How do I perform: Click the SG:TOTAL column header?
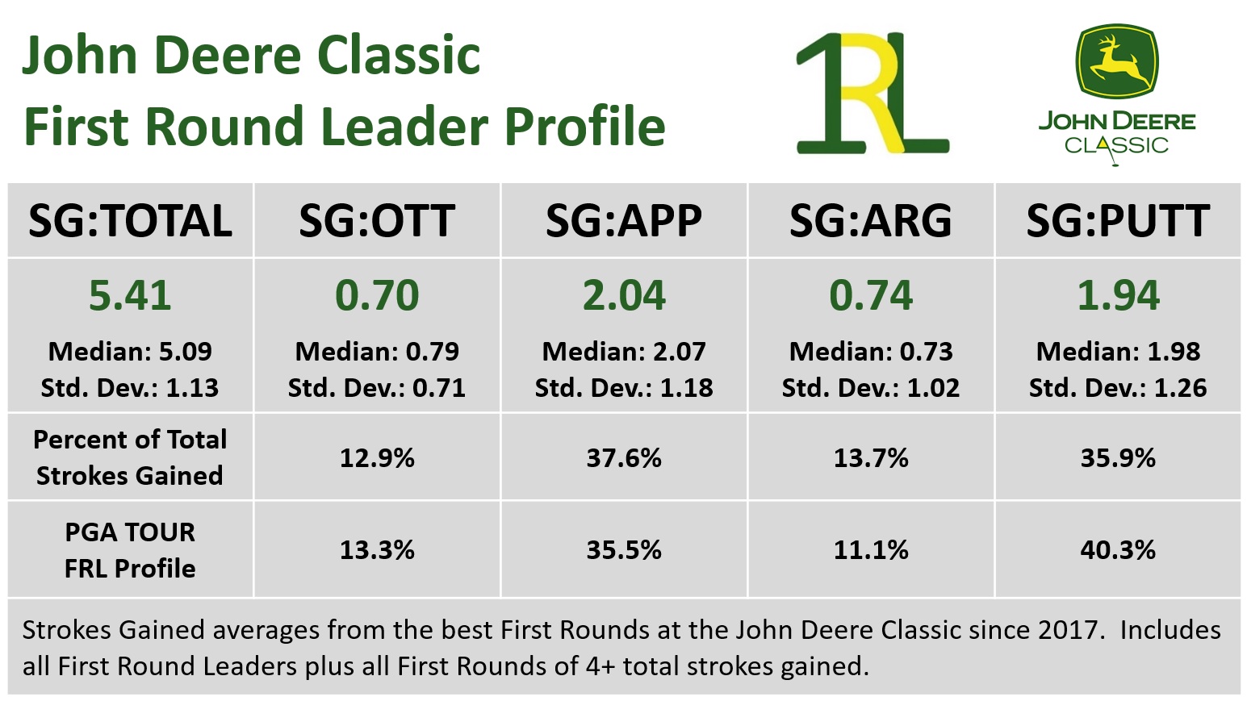130,221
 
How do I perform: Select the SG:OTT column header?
377,221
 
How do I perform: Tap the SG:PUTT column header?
1118,221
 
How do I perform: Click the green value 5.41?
130,295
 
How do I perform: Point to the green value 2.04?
624,295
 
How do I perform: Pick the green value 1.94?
1118,295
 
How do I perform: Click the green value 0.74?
871,295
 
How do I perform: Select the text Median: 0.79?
377,352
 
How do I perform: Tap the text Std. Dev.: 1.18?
624,388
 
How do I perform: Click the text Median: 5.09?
130,352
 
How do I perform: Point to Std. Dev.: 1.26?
1118,388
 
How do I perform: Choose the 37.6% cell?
624,458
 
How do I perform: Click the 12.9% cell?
377,458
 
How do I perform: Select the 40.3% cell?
1118,550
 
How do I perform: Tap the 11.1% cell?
871,550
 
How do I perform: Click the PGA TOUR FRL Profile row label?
130,550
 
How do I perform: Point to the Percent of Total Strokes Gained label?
130,457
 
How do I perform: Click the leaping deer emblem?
1117,62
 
